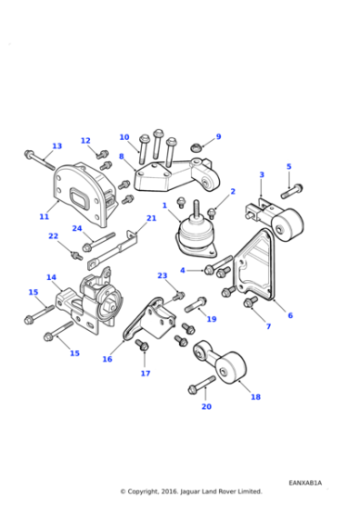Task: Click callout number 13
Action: (56, 146)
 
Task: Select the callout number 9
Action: (218, 137)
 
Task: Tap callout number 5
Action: (289, 166)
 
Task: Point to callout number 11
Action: (44, 217)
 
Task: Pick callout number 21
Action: (152, 218)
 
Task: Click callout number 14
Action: (51, 277)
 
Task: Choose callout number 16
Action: (107, 359)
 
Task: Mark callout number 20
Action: (206, 406)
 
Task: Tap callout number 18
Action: (255, 397)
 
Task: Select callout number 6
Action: (290, 315)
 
